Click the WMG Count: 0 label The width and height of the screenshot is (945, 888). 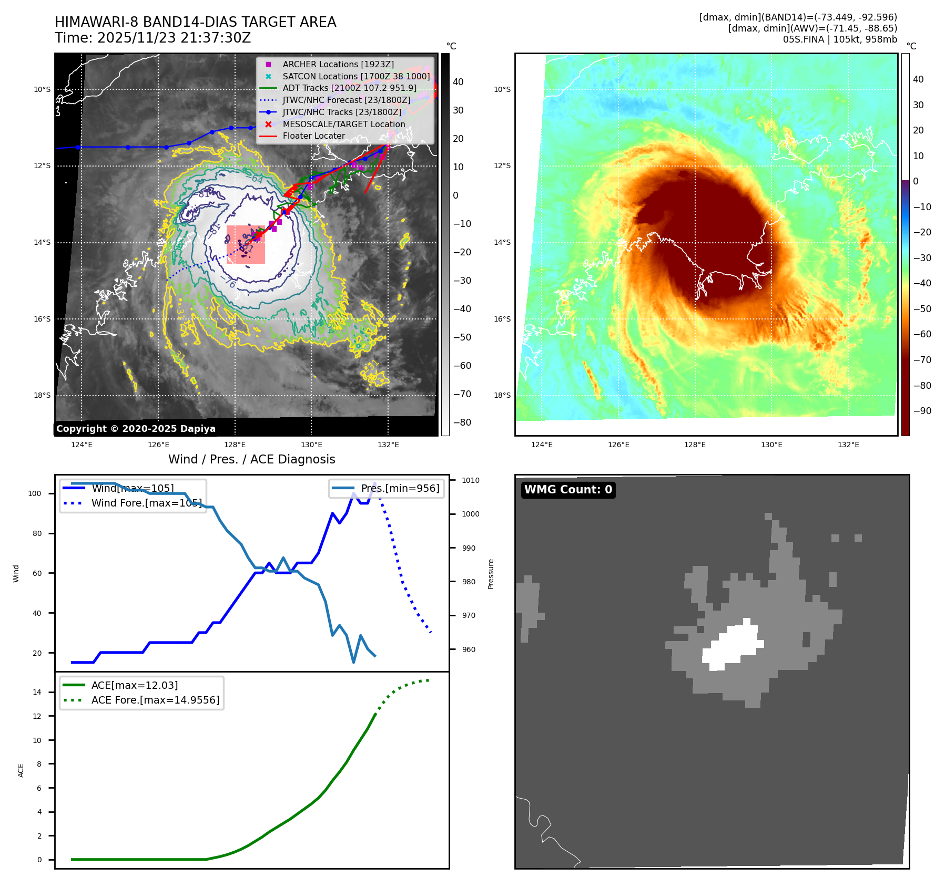[568, 490]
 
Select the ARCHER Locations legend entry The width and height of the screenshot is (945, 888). [338, 64]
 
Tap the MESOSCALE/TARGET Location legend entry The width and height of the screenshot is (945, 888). [343, 124]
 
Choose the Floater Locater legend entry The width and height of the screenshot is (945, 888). [313, 136]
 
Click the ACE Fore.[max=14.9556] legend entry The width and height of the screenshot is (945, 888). [155, 700]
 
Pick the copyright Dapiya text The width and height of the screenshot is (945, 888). [136, 429]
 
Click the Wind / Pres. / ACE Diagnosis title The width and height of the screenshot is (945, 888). [251, 459]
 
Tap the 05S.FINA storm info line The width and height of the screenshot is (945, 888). [840, 39]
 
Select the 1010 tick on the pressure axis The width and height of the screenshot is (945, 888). [471, 480]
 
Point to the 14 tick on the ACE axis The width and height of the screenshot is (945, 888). [37, 692]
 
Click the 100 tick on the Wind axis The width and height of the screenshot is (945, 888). [35, 493]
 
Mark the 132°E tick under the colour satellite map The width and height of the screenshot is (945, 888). [848, 445]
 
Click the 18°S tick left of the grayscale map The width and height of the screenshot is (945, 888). [42, 395]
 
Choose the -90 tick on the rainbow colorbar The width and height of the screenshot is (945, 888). [922, 411]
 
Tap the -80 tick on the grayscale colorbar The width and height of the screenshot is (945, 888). [462, 422]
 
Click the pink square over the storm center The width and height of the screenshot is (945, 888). [246, 244]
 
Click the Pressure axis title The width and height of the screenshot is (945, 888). [491, 574]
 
